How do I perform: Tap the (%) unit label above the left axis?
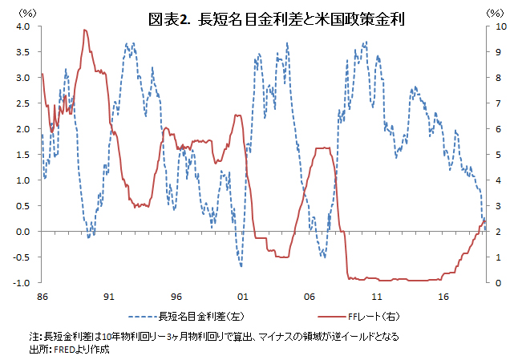click(x=26, y=13)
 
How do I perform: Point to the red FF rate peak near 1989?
click(x=84, y=30)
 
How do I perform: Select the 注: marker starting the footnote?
click(x=34, y=336)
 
